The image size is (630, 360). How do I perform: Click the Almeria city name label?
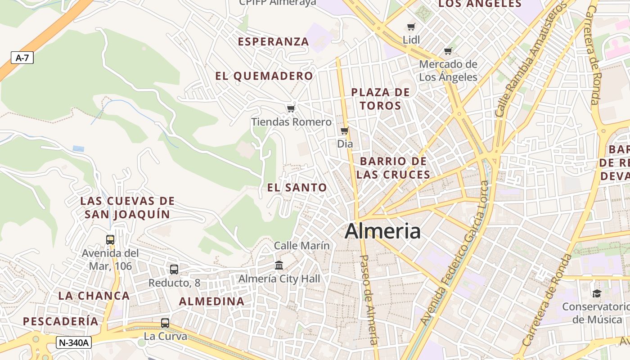coord(382,231)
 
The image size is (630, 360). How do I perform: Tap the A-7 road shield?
coord(22,58)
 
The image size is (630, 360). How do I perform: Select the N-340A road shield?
coord(74,342)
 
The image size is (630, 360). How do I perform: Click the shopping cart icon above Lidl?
coord(411,27)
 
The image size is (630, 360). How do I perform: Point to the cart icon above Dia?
coord(345,131)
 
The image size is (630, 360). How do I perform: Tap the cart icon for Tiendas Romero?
coord(291,108)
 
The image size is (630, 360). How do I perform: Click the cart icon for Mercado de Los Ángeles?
coord(448,51)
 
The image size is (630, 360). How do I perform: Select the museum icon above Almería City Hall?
coord(279,265)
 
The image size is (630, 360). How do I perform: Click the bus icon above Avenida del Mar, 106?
coord(110,240)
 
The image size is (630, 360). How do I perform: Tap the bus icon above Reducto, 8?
coord(174,270)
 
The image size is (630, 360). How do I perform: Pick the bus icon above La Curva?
coord(165,323)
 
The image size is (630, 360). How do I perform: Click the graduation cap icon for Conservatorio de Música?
coord(597,294)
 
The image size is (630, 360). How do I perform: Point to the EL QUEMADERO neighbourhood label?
coord(264,76)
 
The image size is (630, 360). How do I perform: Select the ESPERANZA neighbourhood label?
coord(273,42)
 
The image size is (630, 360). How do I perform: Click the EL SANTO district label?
coord(297,188)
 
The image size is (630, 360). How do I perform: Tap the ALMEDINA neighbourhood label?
coord(212,301)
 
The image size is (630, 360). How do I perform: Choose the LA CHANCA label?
coord(94,296)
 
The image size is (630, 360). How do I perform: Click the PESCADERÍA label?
coord(61,321)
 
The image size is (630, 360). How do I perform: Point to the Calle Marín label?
coord(302,246)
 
